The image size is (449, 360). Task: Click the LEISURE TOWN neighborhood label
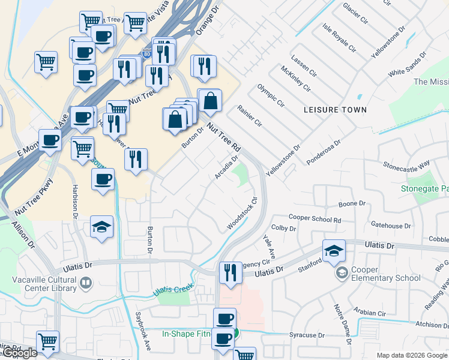[335, 110]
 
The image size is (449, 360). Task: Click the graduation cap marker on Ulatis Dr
[334, 251]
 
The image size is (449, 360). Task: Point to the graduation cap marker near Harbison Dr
[101, 227]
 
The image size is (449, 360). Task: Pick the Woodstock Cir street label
[242, 213]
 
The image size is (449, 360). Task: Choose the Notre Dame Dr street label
[344, 325]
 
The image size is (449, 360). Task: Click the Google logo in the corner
[19, 353]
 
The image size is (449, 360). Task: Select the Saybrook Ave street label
[142, 331]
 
